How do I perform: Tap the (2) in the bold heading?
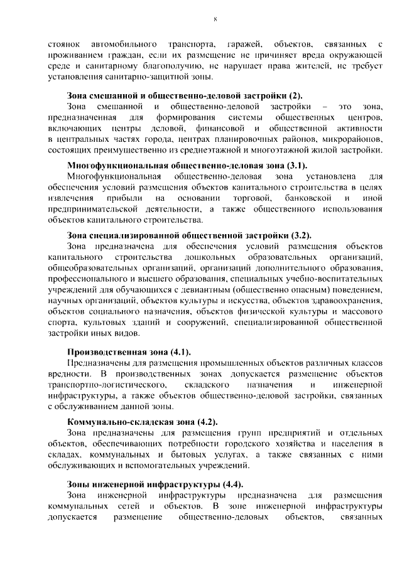295,95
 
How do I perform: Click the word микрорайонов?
354,139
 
